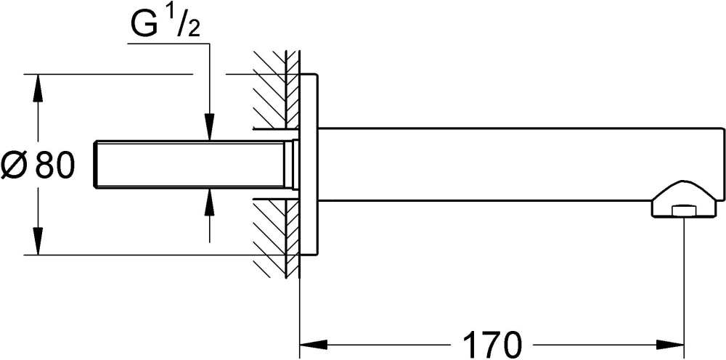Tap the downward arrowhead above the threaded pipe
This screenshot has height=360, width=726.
(209, 127)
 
